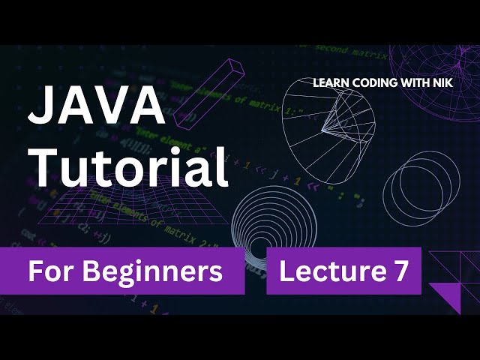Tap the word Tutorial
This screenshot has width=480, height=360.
(127, 166)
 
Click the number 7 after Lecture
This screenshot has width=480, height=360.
(401, 271)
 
